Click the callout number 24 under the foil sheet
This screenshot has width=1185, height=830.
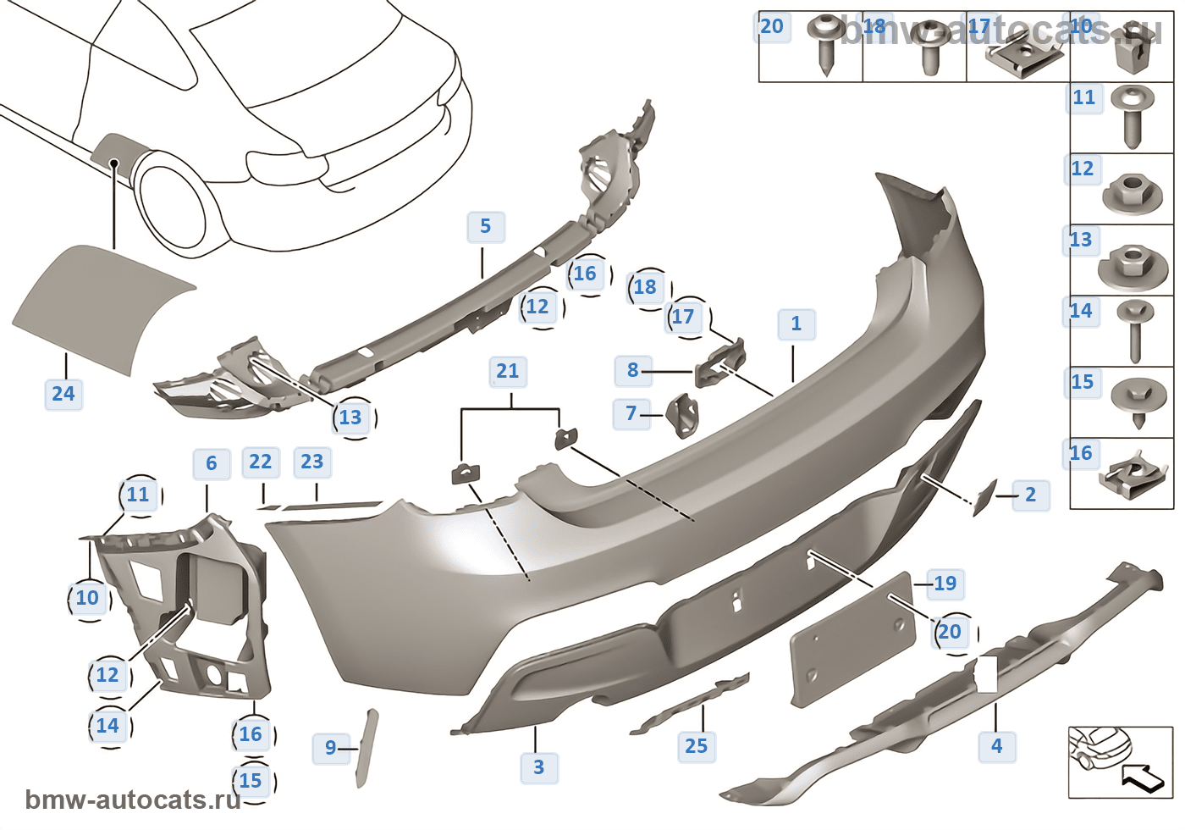click(x=63, y=394)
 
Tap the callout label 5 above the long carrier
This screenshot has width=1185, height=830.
click(x=485, y=227)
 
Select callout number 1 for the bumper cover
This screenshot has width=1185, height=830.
click(x=796, y=324)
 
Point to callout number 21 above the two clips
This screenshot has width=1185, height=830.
click(x=507, y=371)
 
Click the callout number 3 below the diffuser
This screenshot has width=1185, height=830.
click(x=538, y=767)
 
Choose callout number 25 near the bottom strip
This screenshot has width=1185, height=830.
click(x=696, y=746)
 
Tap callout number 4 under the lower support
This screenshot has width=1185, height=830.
click(x=996, y=746)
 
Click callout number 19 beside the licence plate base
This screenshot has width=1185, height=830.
click(x=945, y=584)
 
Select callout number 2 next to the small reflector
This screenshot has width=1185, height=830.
click(x=1030, y=495)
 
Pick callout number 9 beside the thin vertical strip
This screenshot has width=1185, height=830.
click(x=330, y=748)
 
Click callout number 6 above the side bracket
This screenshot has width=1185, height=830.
click(x=211, y=463)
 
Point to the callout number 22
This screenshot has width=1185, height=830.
click(x=260, y=462)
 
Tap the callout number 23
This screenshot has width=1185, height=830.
click(x=311, y=462)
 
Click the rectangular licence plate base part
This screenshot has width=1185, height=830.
click(x=852, y=639)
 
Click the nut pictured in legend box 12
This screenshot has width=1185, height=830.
click(x=1127, y=194)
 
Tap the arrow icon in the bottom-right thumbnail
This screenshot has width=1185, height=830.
click(x=1143, y=777)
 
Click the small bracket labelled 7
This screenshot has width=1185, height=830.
click(x=684, y=417)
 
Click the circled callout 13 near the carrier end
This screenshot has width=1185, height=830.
click(x=350, y=418)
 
